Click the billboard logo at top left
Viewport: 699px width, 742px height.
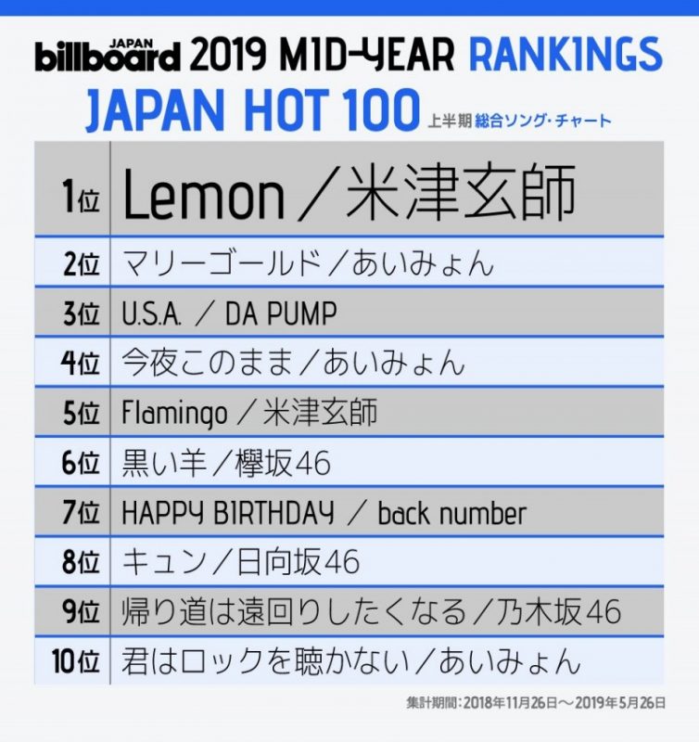point(108,56)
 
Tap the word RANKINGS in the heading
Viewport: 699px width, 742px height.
point(566,55)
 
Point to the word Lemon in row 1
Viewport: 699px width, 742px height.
point(203,196)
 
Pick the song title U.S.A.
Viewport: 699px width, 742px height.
point(151,314)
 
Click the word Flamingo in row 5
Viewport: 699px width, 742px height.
point(174,414)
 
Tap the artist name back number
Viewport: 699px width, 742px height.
point(451,513)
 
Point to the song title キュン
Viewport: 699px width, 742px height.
point(159,562)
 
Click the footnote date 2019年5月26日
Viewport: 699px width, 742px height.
point(616,704)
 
